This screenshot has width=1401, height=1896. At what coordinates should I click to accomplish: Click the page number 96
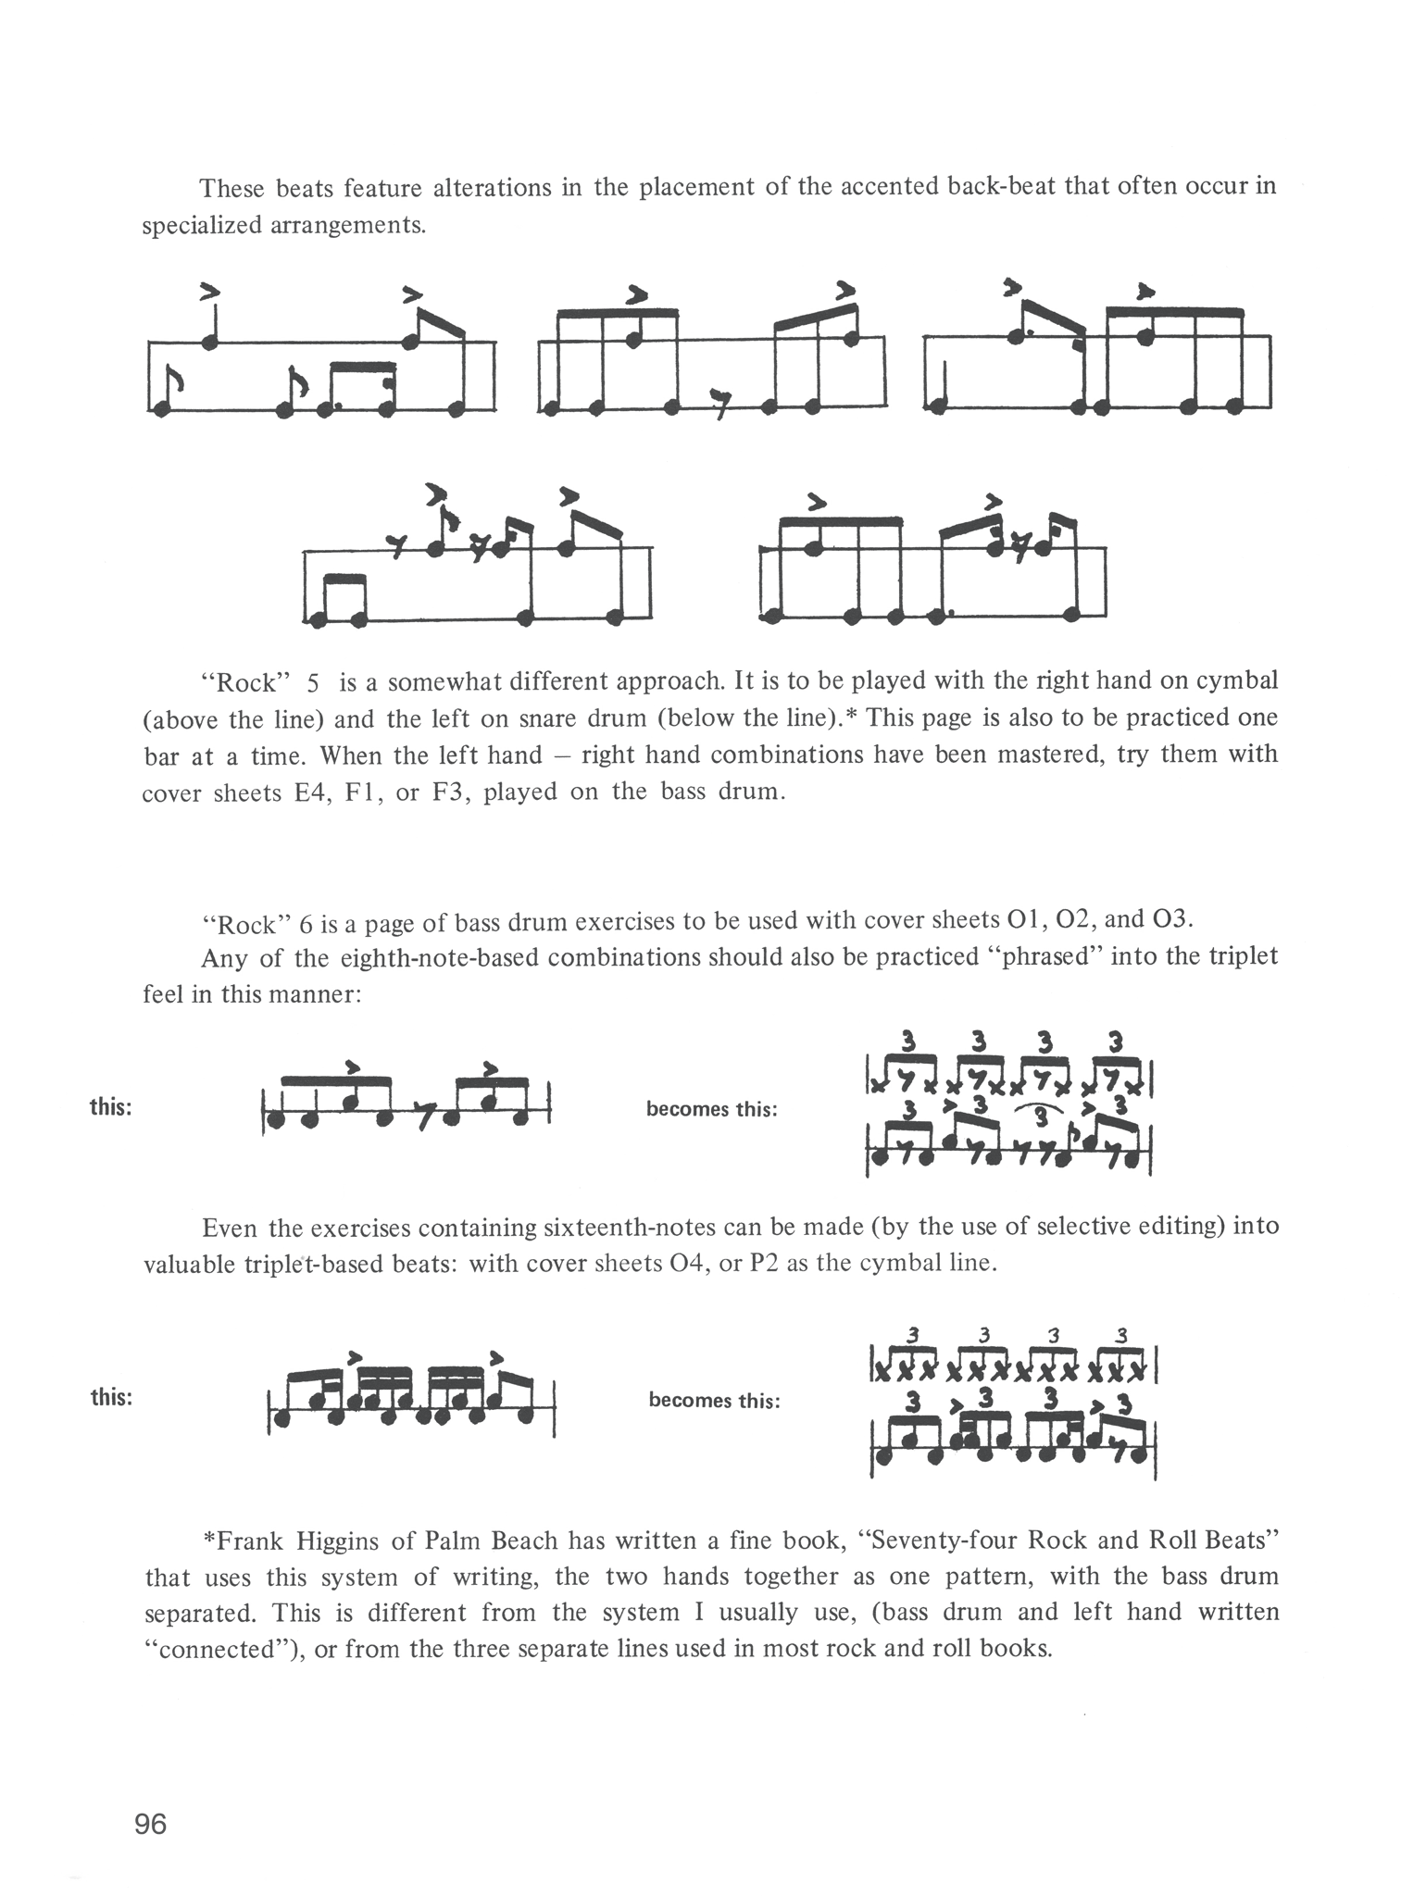(151, 1823)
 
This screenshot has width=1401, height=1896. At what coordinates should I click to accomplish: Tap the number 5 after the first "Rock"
(313, 683)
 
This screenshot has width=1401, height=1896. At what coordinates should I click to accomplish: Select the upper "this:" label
(111, 1107)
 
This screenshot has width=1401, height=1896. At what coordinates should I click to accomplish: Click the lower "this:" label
(111, 1397)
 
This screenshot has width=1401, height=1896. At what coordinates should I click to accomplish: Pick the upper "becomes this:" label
(712, 1109)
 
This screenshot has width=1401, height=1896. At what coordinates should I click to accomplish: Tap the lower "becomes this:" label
(714, 1400)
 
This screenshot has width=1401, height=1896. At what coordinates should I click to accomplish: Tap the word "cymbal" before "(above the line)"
(1236, 681)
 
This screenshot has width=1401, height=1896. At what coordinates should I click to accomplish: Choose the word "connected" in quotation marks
(221, 1650)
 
